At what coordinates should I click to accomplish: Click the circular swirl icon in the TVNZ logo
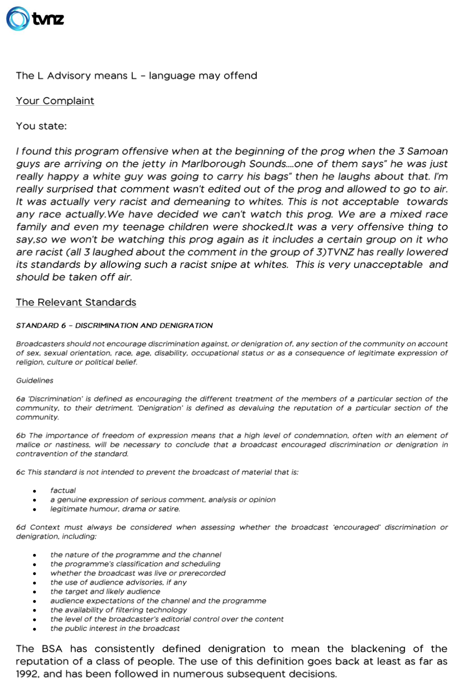point(17,19)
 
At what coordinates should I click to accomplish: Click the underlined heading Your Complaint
point(55,101)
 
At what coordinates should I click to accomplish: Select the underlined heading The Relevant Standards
point(76,302)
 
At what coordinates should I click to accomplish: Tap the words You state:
point(41,126)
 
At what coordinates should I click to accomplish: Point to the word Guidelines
point(35,381)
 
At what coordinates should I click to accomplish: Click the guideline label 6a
point(20,399)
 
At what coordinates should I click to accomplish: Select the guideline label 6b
point(20,436)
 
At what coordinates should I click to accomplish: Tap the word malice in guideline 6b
point(27,445)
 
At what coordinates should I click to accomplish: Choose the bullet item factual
point(63,490)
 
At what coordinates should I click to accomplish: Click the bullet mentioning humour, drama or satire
point(115,509)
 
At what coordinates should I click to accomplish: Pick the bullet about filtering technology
point(118,610)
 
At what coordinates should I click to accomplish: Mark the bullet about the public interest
point(115,628)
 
